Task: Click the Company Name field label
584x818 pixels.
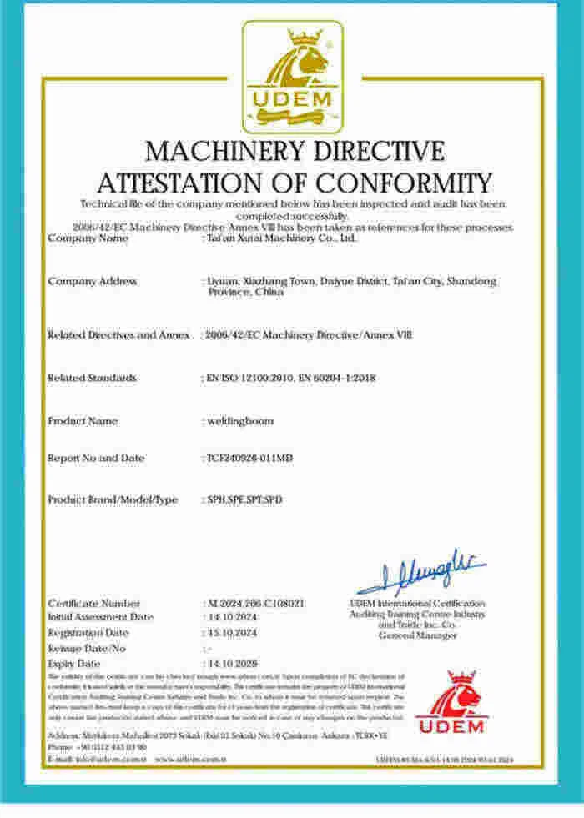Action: click(88, 238)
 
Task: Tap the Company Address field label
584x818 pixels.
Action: click(93, 282)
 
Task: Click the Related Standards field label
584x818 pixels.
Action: click(92, 378)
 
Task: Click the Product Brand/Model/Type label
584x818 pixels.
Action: click(113, 500)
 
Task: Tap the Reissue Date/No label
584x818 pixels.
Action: click(88, 647)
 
